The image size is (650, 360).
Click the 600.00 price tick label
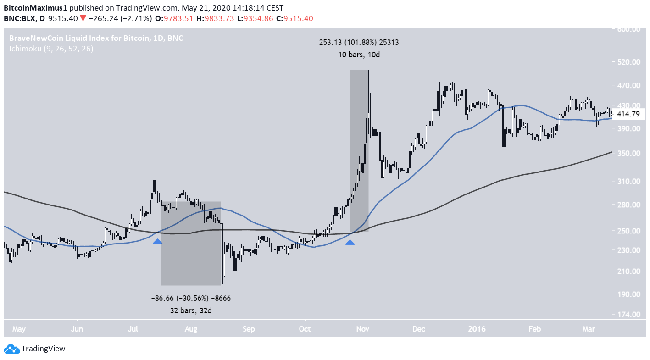coord(629,29)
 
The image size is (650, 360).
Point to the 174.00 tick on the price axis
coord(629,315)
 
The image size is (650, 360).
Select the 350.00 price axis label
coord(629,153)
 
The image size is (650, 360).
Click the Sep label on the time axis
coord(249,328)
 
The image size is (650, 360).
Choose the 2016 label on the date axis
coord(477,328)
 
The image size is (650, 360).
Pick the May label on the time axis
coord(19,328)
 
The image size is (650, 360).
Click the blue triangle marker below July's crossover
coord(157,241)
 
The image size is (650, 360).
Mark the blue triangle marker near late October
coord(350,241)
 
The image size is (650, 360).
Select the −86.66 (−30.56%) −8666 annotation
coord(191,298)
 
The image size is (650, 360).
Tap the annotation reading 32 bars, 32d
coord(191,310)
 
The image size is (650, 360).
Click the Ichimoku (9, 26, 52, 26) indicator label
coord(51,48)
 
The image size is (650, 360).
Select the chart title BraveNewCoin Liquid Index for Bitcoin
coord(79,38)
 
